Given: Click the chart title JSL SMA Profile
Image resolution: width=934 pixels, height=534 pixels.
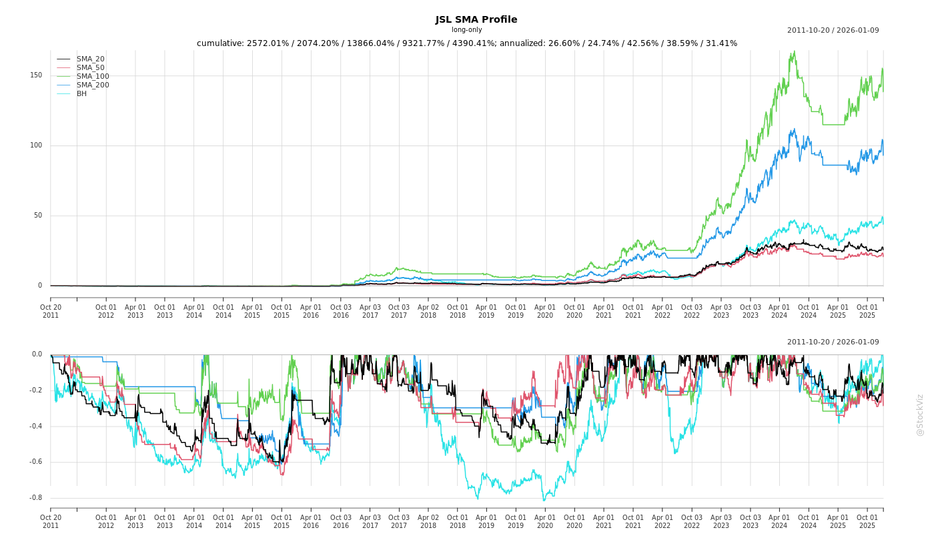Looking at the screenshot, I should (x=476, y=20).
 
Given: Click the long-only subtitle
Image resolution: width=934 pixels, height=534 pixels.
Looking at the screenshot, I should (x=466, y=30).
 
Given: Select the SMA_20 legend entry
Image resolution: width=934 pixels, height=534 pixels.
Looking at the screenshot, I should (x=90, y=59).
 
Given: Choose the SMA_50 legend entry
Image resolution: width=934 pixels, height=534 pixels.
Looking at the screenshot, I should (x=90, y=68).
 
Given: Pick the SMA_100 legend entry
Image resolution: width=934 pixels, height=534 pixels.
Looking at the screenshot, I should (x=93, y=77).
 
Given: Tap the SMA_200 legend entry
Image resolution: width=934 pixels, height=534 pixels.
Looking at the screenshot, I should (x=93, y=85).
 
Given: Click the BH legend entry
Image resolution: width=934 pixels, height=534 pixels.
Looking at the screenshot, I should (x=81, y=94).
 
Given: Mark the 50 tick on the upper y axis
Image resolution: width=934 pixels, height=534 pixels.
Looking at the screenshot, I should (x=37, y=216).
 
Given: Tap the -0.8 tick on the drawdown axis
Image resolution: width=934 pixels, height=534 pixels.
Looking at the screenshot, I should (x=35, y=498).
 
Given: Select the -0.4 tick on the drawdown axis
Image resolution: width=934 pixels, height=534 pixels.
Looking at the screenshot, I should (x=35, y=427).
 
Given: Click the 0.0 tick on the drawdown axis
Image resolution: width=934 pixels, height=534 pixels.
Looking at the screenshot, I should (x=37, y=354).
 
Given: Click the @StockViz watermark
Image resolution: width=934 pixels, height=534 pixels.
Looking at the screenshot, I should (x=920, y=415).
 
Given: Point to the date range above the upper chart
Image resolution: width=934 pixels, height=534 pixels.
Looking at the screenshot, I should (x=833, y=30).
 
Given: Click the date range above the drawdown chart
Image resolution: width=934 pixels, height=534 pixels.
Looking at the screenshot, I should (x=833, y=342).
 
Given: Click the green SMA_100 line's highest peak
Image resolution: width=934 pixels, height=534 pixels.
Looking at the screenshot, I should (x=793, y=51).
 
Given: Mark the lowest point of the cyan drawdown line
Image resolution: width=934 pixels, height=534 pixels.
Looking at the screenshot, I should (x=544, y=501).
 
